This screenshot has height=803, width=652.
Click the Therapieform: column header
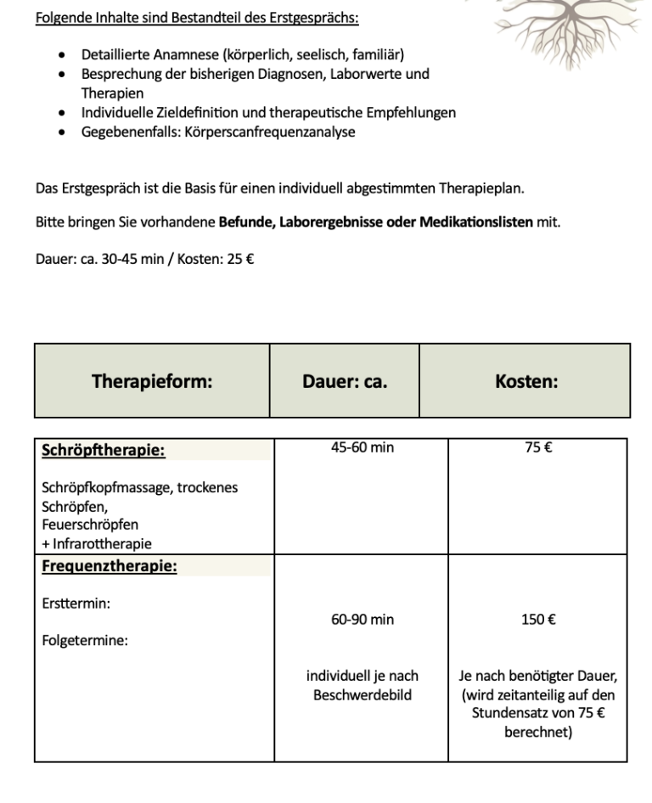pyautogui.click(x=152, y=381)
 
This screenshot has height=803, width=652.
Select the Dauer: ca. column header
pyautogui.click(x=345, y=381)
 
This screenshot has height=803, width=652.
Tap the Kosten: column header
pyautogui.click(x=526, y=381)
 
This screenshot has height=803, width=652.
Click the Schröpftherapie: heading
pyautogui.click(x=103, y=451)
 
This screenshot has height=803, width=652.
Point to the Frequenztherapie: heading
pyautogui.click(x=109, y=566)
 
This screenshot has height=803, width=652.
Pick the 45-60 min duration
pyautogui.click(x=363, y=446)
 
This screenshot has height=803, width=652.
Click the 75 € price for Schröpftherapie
pyautogui.click(x=538, y=446)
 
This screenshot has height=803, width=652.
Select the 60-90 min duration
pyautogui.click(x=363, y=620)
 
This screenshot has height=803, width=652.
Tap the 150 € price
pyautogui.click(x=538, y=620)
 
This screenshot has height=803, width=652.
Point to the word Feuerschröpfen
pyautogui.click(x=90, y=525)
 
